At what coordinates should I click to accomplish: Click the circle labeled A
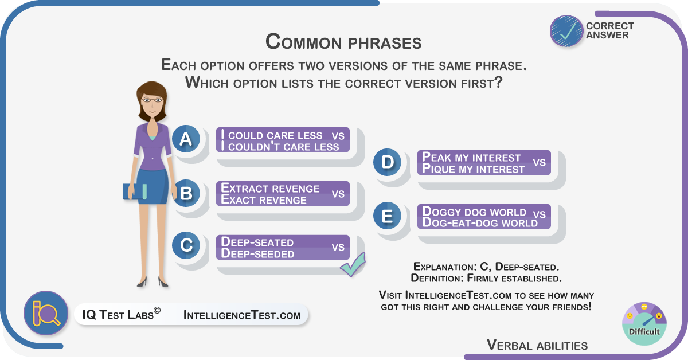pos(186,139)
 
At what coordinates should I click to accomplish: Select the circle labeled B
pos(186,193)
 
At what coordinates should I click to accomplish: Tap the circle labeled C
pos(186,245)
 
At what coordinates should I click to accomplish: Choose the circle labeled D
pos(387,162)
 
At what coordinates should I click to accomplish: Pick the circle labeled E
pos(387,216)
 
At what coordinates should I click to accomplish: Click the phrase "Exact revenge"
pos(264,200)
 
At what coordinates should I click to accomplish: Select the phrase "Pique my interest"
pos(473,169)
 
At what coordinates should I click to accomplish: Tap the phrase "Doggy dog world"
pos(474,212)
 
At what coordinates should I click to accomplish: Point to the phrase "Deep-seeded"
pos(257,254)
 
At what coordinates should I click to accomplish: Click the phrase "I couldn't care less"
pos(280,147)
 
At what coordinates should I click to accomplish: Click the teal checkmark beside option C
pos(353,264)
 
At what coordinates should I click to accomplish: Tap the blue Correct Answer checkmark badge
pos(566,31)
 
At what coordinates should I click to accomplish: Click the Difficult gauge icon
pos(644,324)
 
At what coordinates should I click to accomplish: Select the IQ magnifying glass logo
pos(46,312)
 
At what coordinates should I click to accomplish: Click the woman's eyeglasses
pos(152,100)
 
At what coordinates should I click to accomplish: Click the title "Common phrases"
pos(343,42)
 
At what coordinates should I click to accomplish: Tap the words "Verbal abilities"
pos(537,345)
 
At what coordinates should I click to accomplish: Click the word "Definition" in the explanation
pos(436,278)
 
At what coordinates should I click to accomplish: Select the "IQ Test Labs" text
pos(122,314)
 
